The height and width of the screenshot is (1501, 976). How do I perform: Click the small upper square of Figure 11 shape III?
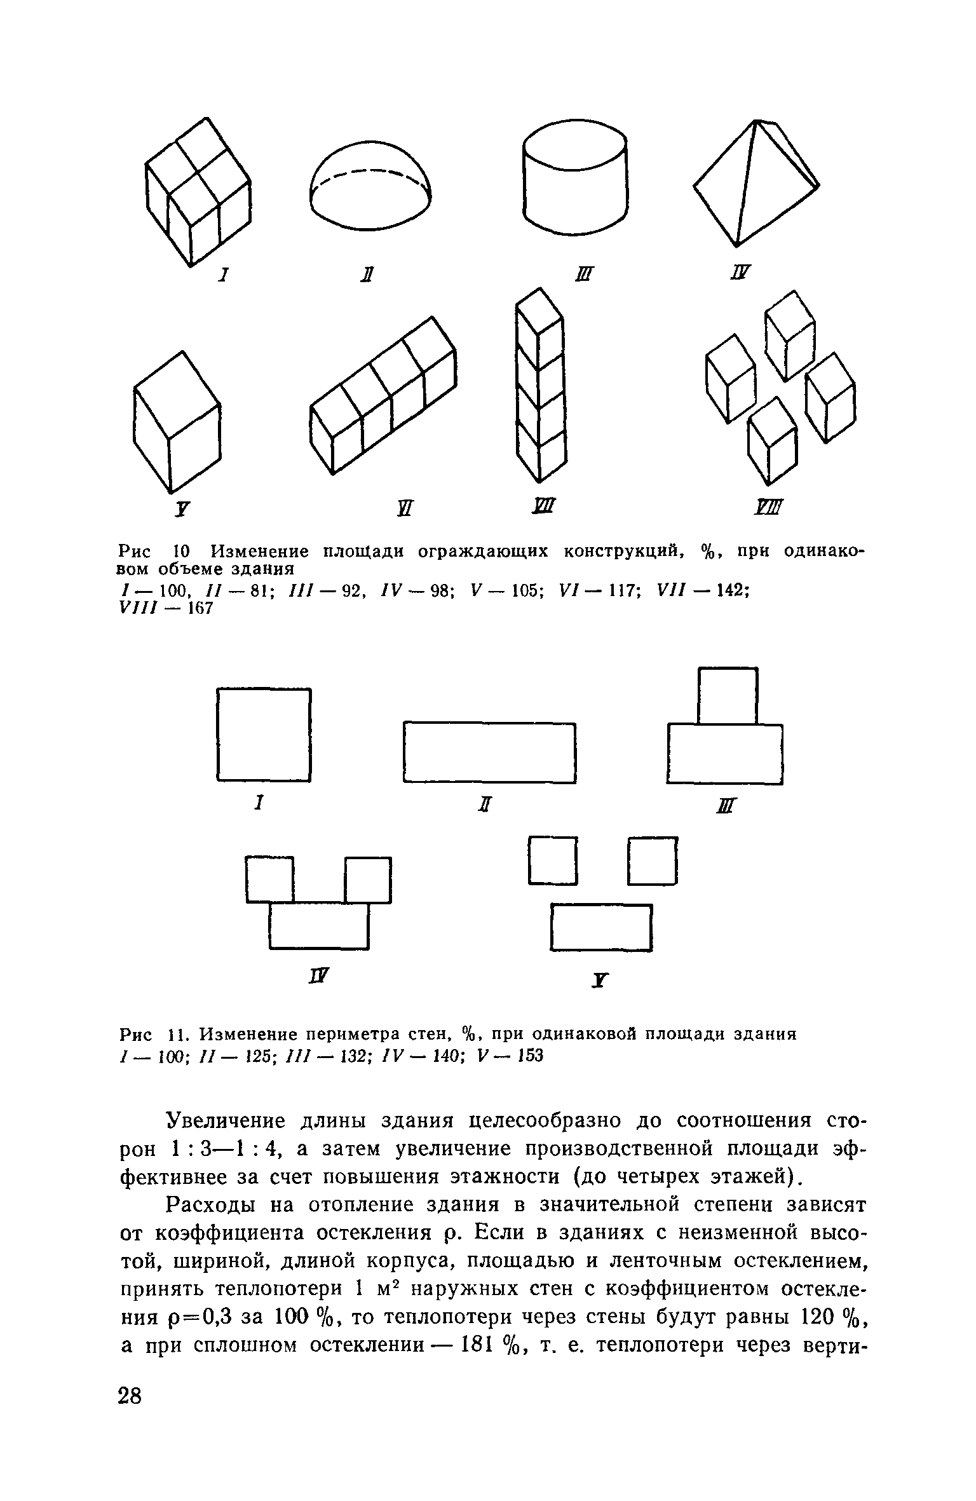tap(728, 695)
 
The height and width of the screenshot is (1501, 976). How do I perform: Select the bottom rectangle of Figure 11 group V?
tap(601, 927)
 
